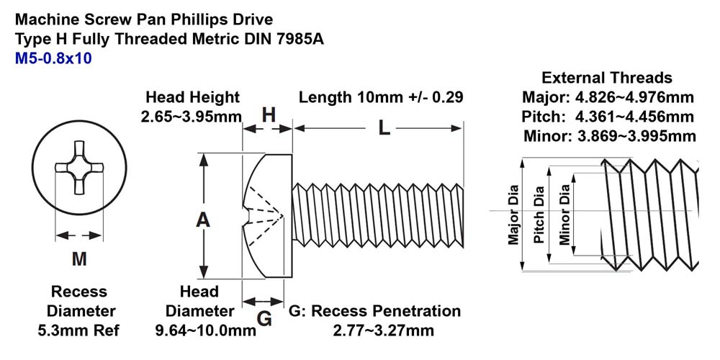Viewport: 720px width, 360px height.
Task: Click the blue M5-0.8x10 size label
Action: pos(53,59)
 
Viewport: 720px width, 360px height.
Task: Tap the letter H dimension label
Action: pos(269,115)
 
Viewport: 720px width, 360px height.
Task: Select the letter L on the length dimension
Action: pos(384,129)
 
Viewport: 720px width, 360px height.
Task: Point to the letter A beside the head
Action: pos(203,220)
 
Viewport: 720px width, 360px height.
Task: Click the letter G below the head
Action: pos(264,318)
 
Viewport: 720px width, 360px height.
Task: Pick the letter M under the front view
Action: pos(79,259)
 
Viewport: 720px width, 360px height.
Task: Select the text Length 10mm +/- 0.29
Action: pos(381,97)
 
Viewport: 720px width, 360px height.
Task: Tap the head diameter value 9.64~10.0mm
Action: pos(206,330)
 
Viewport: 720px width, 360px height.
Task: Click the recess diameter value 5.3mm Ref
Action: pos(78,330)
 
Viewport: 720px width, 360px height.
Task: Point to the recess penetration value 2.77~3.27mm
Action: pos(384,330)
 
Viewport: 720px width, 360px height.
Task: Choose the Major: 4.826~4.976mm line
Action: pos(608,98)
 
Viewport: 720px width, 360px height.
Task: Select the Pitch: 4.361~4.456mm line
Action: pos(608,117)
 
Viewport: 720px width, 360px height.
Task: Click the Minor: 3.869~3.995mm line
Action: pos(610,136)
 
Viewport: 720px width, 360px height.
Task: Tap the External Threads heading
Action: pos(607,78)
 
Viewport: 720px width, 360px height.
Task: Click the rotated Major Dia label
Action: pos(513,215)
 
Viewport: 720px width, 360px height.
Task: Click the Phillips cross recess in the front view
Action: pos(79,168)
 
